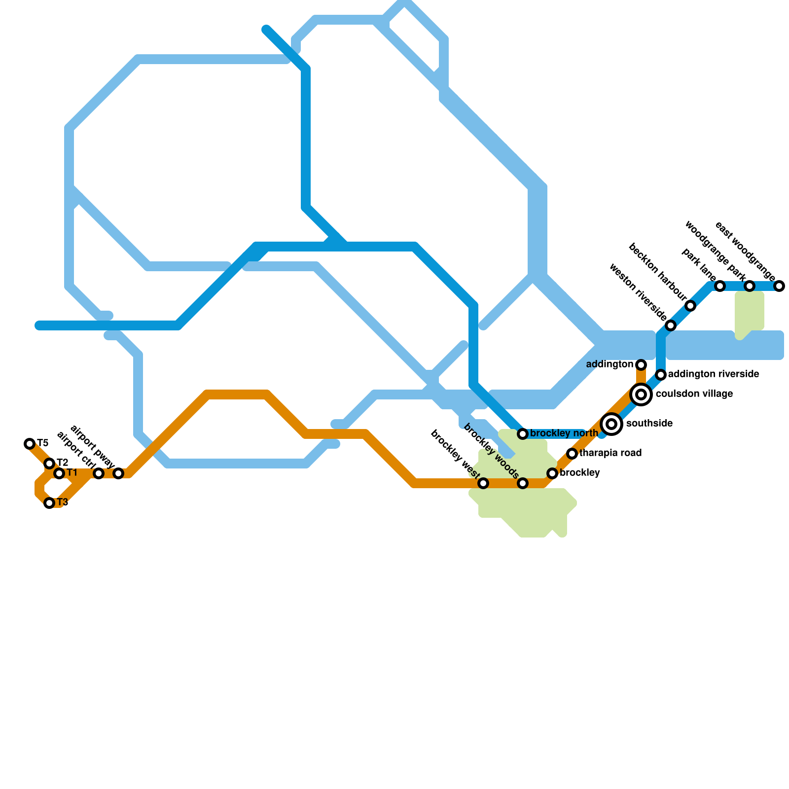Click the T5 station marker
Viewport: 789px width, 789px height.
(x=30, y=444)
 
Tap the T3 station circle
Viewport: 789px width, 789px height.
(x=49, y=503)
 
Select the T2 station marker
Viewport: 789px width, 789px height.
(x=49, y=464)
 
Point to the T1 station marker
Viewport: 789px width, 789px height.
(x=59, y=473)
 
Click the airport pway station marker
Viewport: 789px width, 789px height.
(x=118, y=473)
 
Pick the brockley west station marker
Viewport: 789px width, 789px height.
(x=483, y=483)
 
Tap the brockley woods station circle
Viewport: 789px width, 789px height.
(x=523, y=483)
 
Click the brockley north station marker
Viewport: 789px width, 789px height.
(x=523, y=434)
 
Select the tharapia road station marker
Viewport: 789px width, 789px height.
(x=572, y=454)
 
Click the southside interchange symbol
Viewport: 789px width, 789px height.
(x=611, y=424)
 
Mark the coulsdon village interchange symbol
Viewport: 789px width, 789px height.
(x=641, y=394)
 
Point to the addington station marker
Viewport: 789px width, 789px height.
(x=641, y=365)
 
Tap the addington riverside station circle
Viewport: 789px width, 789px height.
(x=661, y=375)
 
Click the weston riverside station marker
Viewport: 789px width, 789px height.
(x=671, y=325)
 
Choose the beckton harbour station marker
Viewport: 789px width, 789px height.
(x=690, y=306)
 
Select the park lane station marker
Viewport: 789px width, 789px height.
(x=720, y=286)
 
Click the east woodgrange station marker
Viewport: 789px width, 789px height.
(x=779, y=286)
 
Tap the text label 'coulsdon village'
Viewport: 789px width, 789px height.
(x=694, y=394)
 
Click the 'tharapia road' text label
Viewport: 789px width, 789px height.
(x=610, y=453)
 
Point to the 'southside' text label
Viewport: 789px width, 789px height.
(x=649, y=424)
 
